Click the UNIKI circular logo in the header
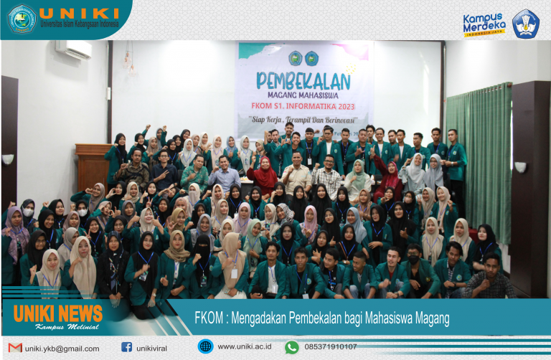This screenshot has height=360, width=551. [x=21, y=19]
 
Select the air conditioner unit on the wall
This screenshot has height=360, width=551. [x=74, y=49]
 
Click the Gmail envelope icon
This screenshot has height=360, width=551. [x=15, y=348]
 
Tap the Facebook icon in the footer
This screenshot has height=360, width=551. [x=127, y=348]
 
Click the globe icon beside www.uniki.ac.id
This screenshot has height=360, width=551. [x=205, y=347]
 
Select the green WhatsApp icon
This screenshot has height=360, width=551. [x=291, y=347]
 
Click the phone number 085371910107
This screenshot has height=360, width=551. [x=331, y=347]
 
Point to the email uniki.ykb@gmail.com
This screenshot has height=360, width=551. [x=62, y=349]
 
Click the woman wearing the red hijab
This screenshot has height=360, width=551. [x=263, y=176]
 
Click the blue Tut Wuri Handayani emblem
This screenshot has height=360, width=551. [x=525, y=24]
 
